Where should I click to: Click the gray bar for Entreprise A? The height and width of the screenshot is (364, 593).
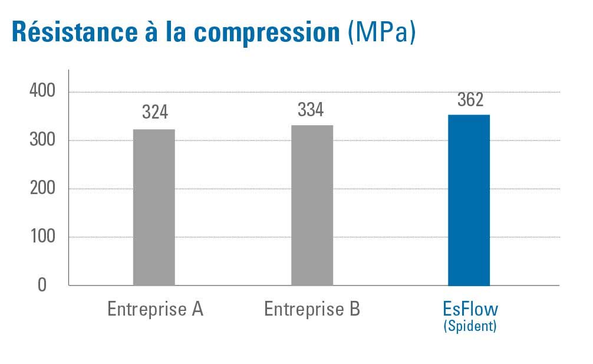pos(154,207)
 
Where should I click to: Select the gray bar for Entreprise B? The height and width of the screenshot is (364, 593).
pos(312,205)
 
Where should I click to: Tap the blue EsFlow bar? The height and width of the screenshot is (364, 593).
pos(469,200)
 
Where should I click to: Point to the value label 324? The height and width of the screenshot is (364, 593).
pos(155,112)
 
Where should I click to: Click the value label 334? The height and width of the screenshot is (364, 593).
pos(311,110)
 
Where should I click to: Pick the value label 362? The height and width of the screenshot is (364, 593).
pos(470,100)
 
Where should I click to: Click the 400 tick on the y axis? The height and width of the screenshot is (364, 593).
pos(42,92)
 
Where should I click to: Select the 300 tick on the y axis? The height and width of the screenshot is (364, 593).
pos(42,140)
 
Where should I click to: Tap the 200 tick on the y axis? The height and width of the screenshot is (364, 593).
pos(42,189)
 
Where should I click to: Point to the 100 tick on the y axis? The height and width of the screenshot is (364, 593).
pos(42,237)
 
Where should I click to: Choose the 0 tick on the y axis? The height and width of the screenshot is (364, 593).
pos(42,285)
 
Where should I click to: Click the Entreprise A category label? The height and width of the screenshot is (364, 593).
pos(155,309)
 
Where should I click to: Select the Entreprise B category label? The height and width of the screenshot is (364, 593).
pos(312,309)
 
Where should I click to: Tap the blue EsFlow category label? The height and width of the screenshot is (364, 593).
pos(470,309)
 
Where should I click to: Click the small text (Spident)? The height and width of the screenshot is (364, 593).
pos(470,326)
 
